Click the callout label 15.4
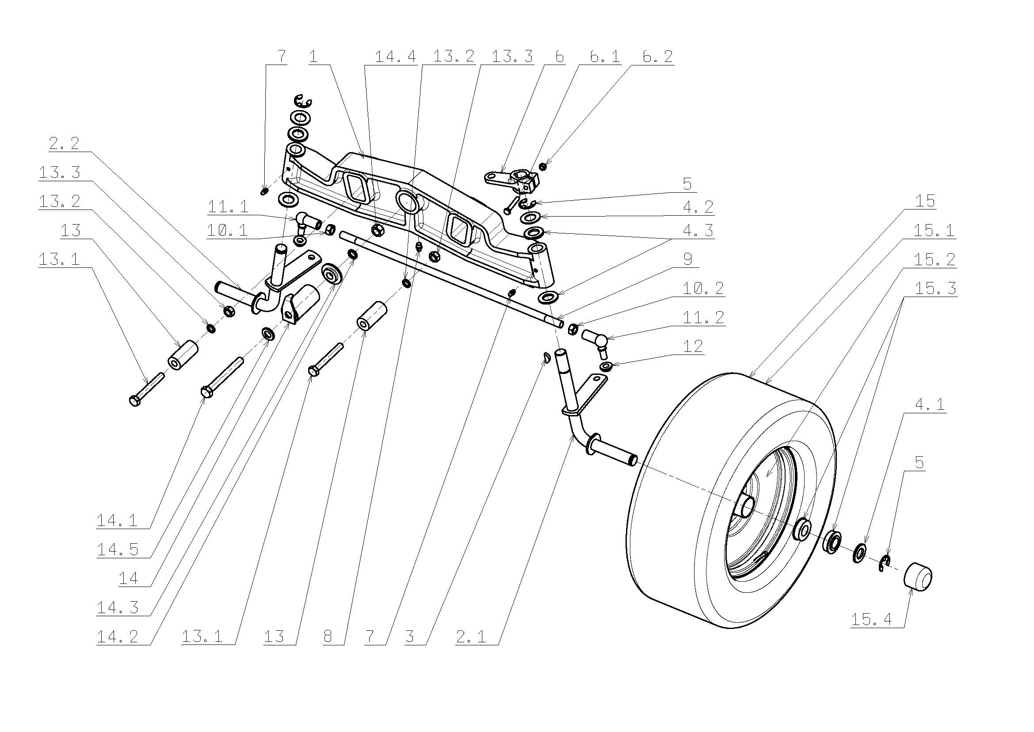coord(871,619)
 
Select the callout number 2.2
coord(64,143)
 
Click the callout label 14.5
coord(117,549)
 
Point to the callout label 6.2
coord(658,56)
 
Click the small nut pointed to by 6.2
coord(543,167)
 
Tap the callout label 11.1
coord(228,207)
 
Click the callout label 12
coord(693,346)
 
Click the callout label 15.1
coord(934,230)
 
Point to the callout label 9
coord(688,259)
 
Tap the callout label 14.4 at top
coord(395,56)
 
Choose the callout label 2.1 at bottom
coord(470,637)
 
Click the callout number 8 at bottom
coord(328,637)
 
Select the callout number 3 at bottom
coord(409,637)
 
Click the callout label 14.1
coord(117,521)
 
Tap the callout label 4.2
coord(698,207)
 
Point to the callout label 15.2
coord(935,259)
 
